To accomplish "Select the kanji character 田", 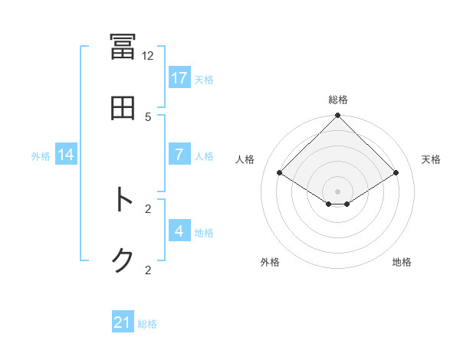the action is click(123, 108).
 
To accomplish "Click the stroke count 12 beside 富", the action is click(148, 56).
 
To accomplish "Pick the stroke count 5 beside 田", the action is click(148, 116).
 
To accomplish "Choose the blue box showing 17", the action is click(179, 77).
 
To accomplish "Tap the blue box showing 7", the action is click(179, 154).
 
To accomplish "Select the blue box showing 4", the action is click(179, 231).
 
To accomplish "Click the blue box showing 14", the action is click(66, 155).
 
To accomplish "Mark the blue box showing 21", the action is click(123, 322).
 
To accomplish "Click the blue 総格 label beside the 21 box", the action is click(147, 324).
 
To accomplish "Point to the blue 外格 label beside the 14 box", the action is click(41, 156).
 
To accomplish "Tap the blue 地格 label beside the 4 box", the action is click(204, 232).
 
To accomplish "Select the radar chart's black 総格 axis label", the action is click(338, 100).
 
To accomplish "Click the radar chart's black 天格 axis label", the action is click(432, 159).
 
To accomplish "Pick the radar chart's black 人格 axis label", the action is click(245, 159).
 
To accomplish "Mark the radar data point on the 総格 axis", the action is click(338, 116).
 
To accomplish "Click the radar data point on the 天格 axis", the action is click(396, 173).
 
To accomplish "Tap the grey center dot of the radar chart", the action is click(338, 191).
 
